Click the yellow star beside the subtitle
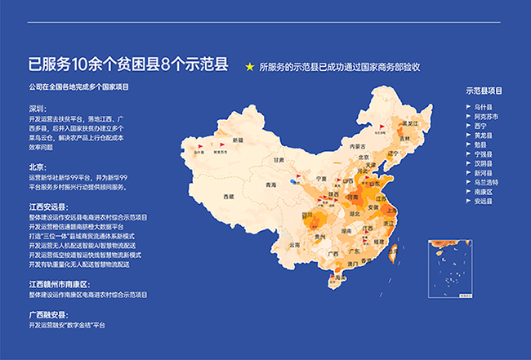click(x=251, y=67)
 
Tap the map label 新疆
click(x=238, y=140)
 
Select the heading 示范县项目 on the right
click(x=482, y=91)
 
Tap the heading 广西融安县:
click(x=49, y=314)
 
